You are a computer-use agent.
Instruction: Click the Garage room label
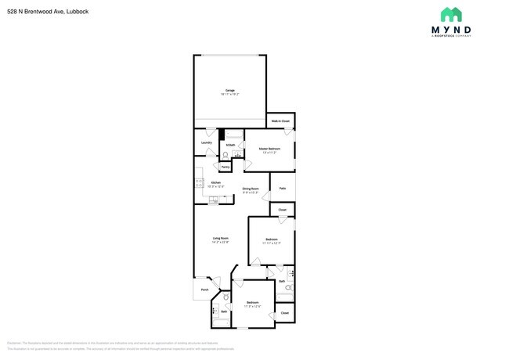[x=231, y=91]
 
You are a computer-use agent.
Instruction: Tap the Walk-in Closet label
[x=280, y=121]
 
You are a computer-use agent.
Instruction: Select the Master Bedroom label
[x=270, y=148]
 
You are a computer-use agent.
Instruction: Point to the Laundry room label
[x=207, y=142]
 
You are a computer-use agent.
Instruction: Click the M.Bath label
[x=230, y=146]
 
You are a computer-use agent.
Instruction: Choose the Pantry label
[x=225, y=167]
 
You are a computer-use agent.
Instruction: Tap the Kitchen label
[x=216, y=182]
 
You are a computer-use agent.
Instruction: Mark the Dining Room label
[x=251, y=189]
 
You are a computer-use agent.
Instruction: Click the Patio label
[x=282, y=188]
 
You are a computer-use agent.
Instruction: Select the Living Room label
[x=220, y=238]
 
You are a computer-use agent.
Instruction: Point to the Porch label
[x=204, y=290]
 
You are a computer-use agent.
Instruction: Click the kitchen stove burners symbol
[x=199, y=184]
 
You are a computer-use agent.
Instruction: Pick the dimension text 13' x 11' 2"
[x=270, y=153]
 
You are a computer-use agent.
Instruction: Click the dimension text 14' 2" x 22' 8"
[x=220, y=243]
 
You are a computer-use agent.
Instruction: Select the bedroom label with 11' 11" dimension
[x=271, y=239]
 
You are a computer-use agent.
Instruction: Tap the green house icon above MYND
[x=451, y=14]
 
